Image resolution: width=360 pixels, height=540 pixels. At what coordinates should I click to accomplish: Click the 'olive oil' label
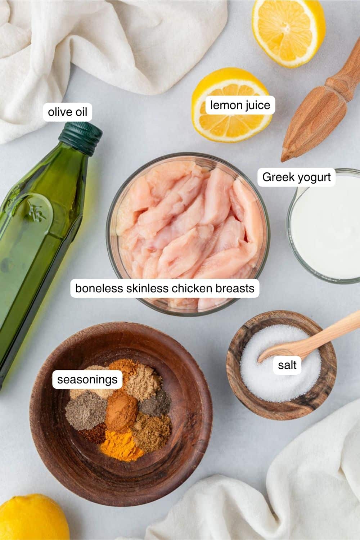click(68, 112)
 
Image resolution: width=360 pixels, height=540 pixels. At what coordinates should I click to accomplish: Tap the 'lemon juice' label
click(240, 105)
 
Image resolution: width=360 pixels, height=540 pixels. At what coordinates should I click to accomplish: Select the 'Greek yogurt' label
click(296, 177)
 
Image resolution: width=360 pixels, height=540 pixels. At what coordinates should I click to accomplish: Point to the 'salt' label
click(287, 365)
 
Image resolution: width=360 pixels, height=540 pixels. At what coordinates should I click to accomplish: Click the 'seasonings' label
click(87, 379)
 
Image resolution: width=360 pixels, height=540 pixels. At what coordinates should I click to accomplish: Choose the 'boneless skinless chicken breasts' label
click(165, 288)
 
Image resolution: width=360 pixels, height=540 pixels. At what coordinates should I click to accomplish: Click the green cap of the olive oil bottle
click(81, 139)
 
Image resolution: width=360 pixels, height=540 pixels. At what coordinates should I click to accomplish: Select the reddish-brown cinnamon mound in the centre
click(122, 411)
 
